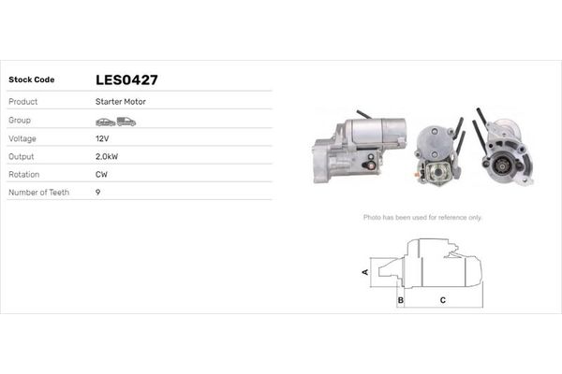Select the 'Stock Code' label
33,80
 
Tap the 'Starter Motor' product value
120,101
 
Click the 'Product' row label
23,101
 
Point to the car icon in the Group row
105,122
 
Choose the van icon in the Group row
126,122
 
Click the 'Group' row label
21,122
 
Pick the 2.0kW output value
107,156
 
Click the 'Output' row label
22,156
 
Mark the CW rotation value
101,174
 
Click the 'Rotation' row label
24,174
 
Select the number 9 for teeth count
98,192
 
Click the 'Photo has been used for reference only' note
422,217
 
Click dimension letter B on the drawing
400,301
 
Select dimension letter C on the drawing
442,301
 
